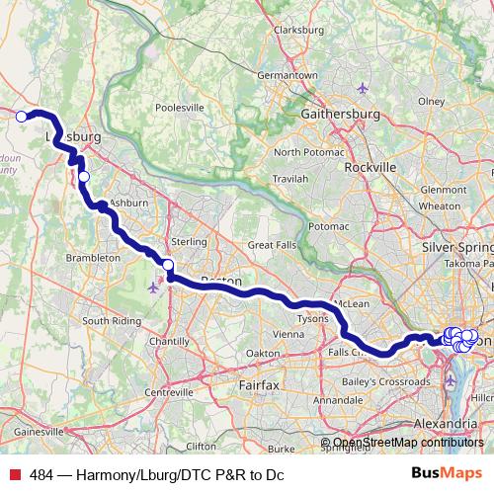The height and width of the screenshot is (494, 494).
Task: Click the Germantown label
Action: point(287,75)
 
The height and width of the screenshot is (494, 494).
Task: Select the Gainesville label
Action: point(39,432)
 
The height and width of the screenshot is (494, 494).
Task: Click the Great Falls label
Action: point(272,244)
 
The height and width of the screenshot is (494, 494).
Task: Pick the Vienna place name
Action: point(288,334)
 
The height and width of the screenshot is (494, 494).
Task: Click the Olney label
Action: point(431,100)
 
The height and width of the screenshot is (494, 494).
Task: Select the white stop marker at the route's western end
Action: point(21,117)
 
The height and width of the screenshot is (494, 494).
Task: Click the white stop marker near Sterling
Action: point(168,264)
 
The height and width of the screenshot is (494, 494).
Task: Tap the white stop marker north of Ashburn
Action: point(84,177)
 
